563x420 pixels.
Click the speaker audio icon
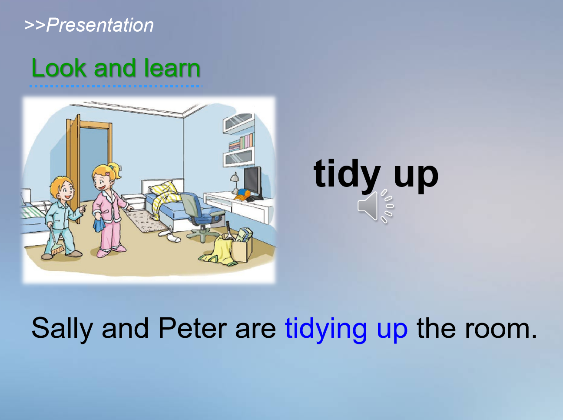click(375, 206)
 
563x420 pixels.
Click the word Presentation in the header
click(100, 25)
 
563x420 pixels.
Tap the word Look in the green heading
click(59, 68)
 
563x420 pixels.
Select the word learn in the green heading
click(172, 68)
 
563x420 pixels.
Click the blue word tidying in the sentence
click(326, 329)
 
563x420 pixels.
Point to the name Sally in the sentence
click(62, 329)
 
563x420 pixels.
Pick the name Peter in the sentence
click(192, 328)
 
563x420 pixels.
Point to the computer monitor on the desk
click(253, 182)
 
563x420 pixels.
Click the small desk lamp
click(234, 183)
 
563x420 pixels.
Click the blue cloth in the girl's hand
click(99, 224)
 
